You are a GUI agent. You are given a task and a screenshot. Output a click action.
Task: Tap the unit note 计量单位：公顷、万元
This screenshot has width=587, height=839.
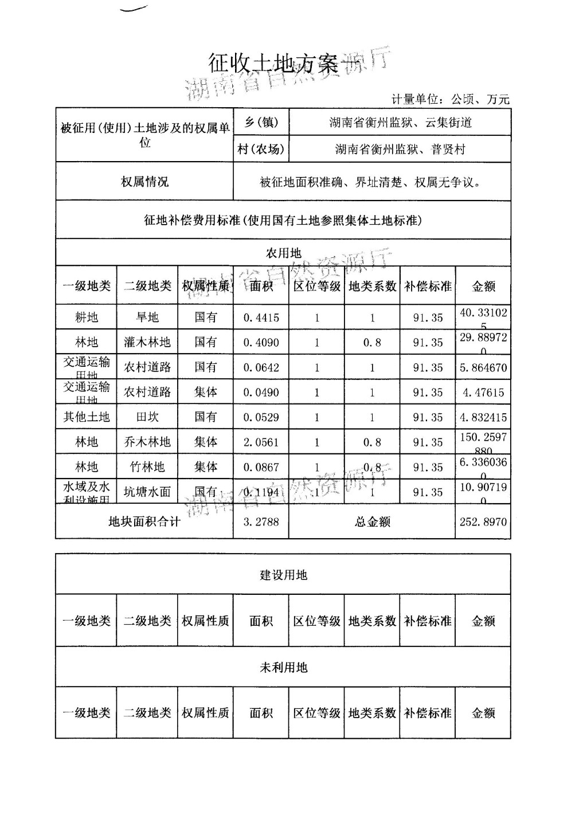click(450, 99)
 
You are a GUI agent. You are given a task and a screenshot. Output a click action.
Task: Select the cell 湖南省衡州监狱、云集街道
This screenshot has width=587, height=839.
click(400, 122)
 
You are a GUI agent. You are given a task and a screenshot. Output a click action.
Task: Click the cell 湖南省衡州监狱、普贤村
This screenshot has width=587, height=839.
click(400, 149)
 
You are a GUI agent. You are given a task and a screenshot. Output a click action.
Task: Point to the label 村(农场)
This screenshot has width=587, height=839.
click(261, 149)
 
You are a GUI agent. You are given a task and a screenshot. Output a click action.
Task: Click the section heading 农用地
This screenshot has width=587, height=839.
click(283, 253)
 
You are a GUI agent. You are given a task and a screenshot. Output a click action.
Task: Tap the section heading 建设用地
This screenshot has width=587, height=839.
click(283, 575)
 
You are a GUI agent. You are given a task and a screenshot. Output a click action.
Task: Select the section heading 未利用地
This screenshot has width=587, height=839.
click(283, 667)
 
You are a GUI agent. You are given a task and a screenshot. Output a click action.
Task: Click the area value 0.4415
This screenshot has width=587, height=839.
click(261, 317)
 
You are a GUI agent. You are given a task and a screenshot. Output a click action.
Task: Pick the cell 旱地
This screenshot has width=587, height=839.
click(147, 317)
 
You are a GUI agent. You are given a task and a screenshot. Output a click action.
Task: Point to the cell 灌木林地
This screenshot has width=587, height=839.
click(147, 343)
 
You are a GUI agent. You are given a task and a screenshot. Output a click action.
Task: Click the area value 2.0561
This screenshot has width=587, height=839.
click(261, 442)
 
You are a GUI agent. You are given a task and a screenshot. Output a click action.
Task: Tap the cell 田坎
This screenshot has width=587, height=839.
click(147, 417)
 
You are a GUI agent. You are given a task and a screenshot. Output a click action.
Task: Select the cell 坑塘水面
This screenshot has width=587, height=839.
click(147, 492)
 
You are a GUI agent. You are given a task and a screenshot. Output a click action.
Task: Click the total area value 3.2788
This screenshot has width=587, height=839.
click(261, 522)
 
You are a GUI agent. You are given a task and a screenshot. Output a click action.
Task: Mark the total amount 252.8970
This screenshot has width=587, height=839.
click(483, 522)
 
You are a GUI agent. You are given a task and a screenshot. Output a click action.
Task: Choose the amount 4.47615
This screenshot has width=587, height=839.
click(483, 393)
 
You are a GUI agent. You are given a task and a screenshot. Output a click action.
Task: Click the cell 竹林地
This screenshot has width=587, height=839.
click(147, 467)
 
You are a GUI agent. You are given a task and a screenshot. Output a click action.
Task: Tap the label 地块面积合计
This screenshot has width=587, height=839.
click(144, 522)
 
